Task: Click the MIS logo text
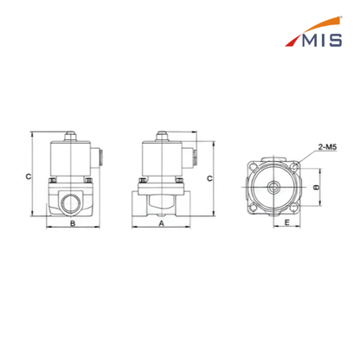tap(322, 40)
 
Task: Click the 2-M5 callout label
tap(327, 147)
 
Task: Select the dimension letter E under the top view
tap(286, 222)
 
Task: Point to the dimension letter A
tap(162, 223)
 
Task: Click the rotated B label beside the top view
tap(316, 187)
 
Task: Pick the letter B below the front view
tap(73, 223)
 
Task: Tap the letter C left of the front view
tap(29, 177)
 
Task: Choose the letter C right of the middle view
tap(209, 178)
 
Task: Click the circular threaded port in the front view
tap(71, 202)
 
